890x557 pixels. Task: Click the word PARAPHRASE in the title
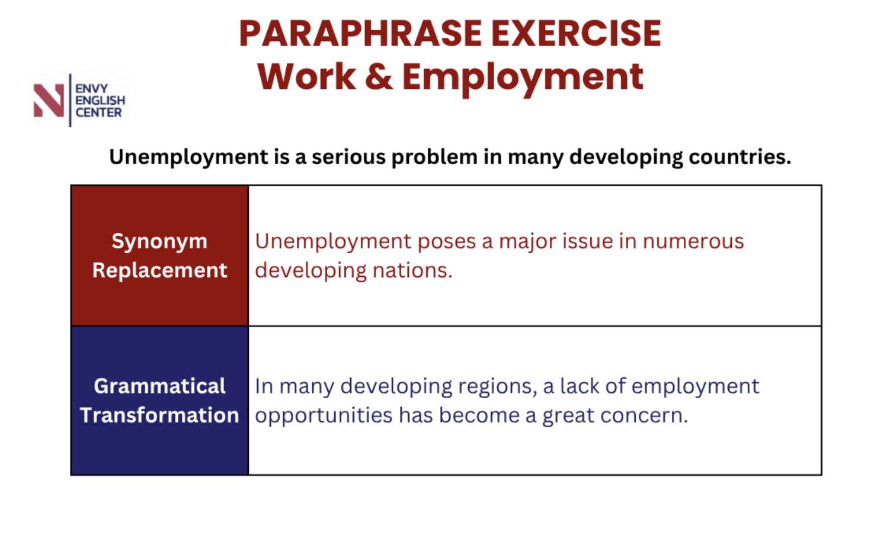tap(360, 34)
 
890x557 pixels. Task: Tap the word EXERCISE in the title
tap(576, 34)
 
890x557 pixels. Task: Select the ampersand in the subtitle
tap(379, 76)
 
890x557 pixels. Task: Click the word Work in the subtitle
tap(307, 76)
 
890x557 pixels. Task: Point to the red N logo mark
tap(49, 101)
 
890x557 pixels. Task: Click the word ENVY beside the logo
tap(91, 88)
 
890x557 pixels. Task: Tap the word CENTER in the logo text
tap(98, 113)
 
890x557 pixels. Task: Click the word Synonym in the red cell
tap(159, 242)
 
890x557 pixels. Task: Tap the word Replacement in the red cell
tap(160, 271)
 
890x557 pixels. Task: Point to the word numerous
tap(693, 242)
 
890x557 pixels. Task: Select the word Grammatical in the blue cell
tap(160, 386)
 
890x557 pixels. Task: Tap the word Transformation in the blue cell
tap(160, 415)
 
